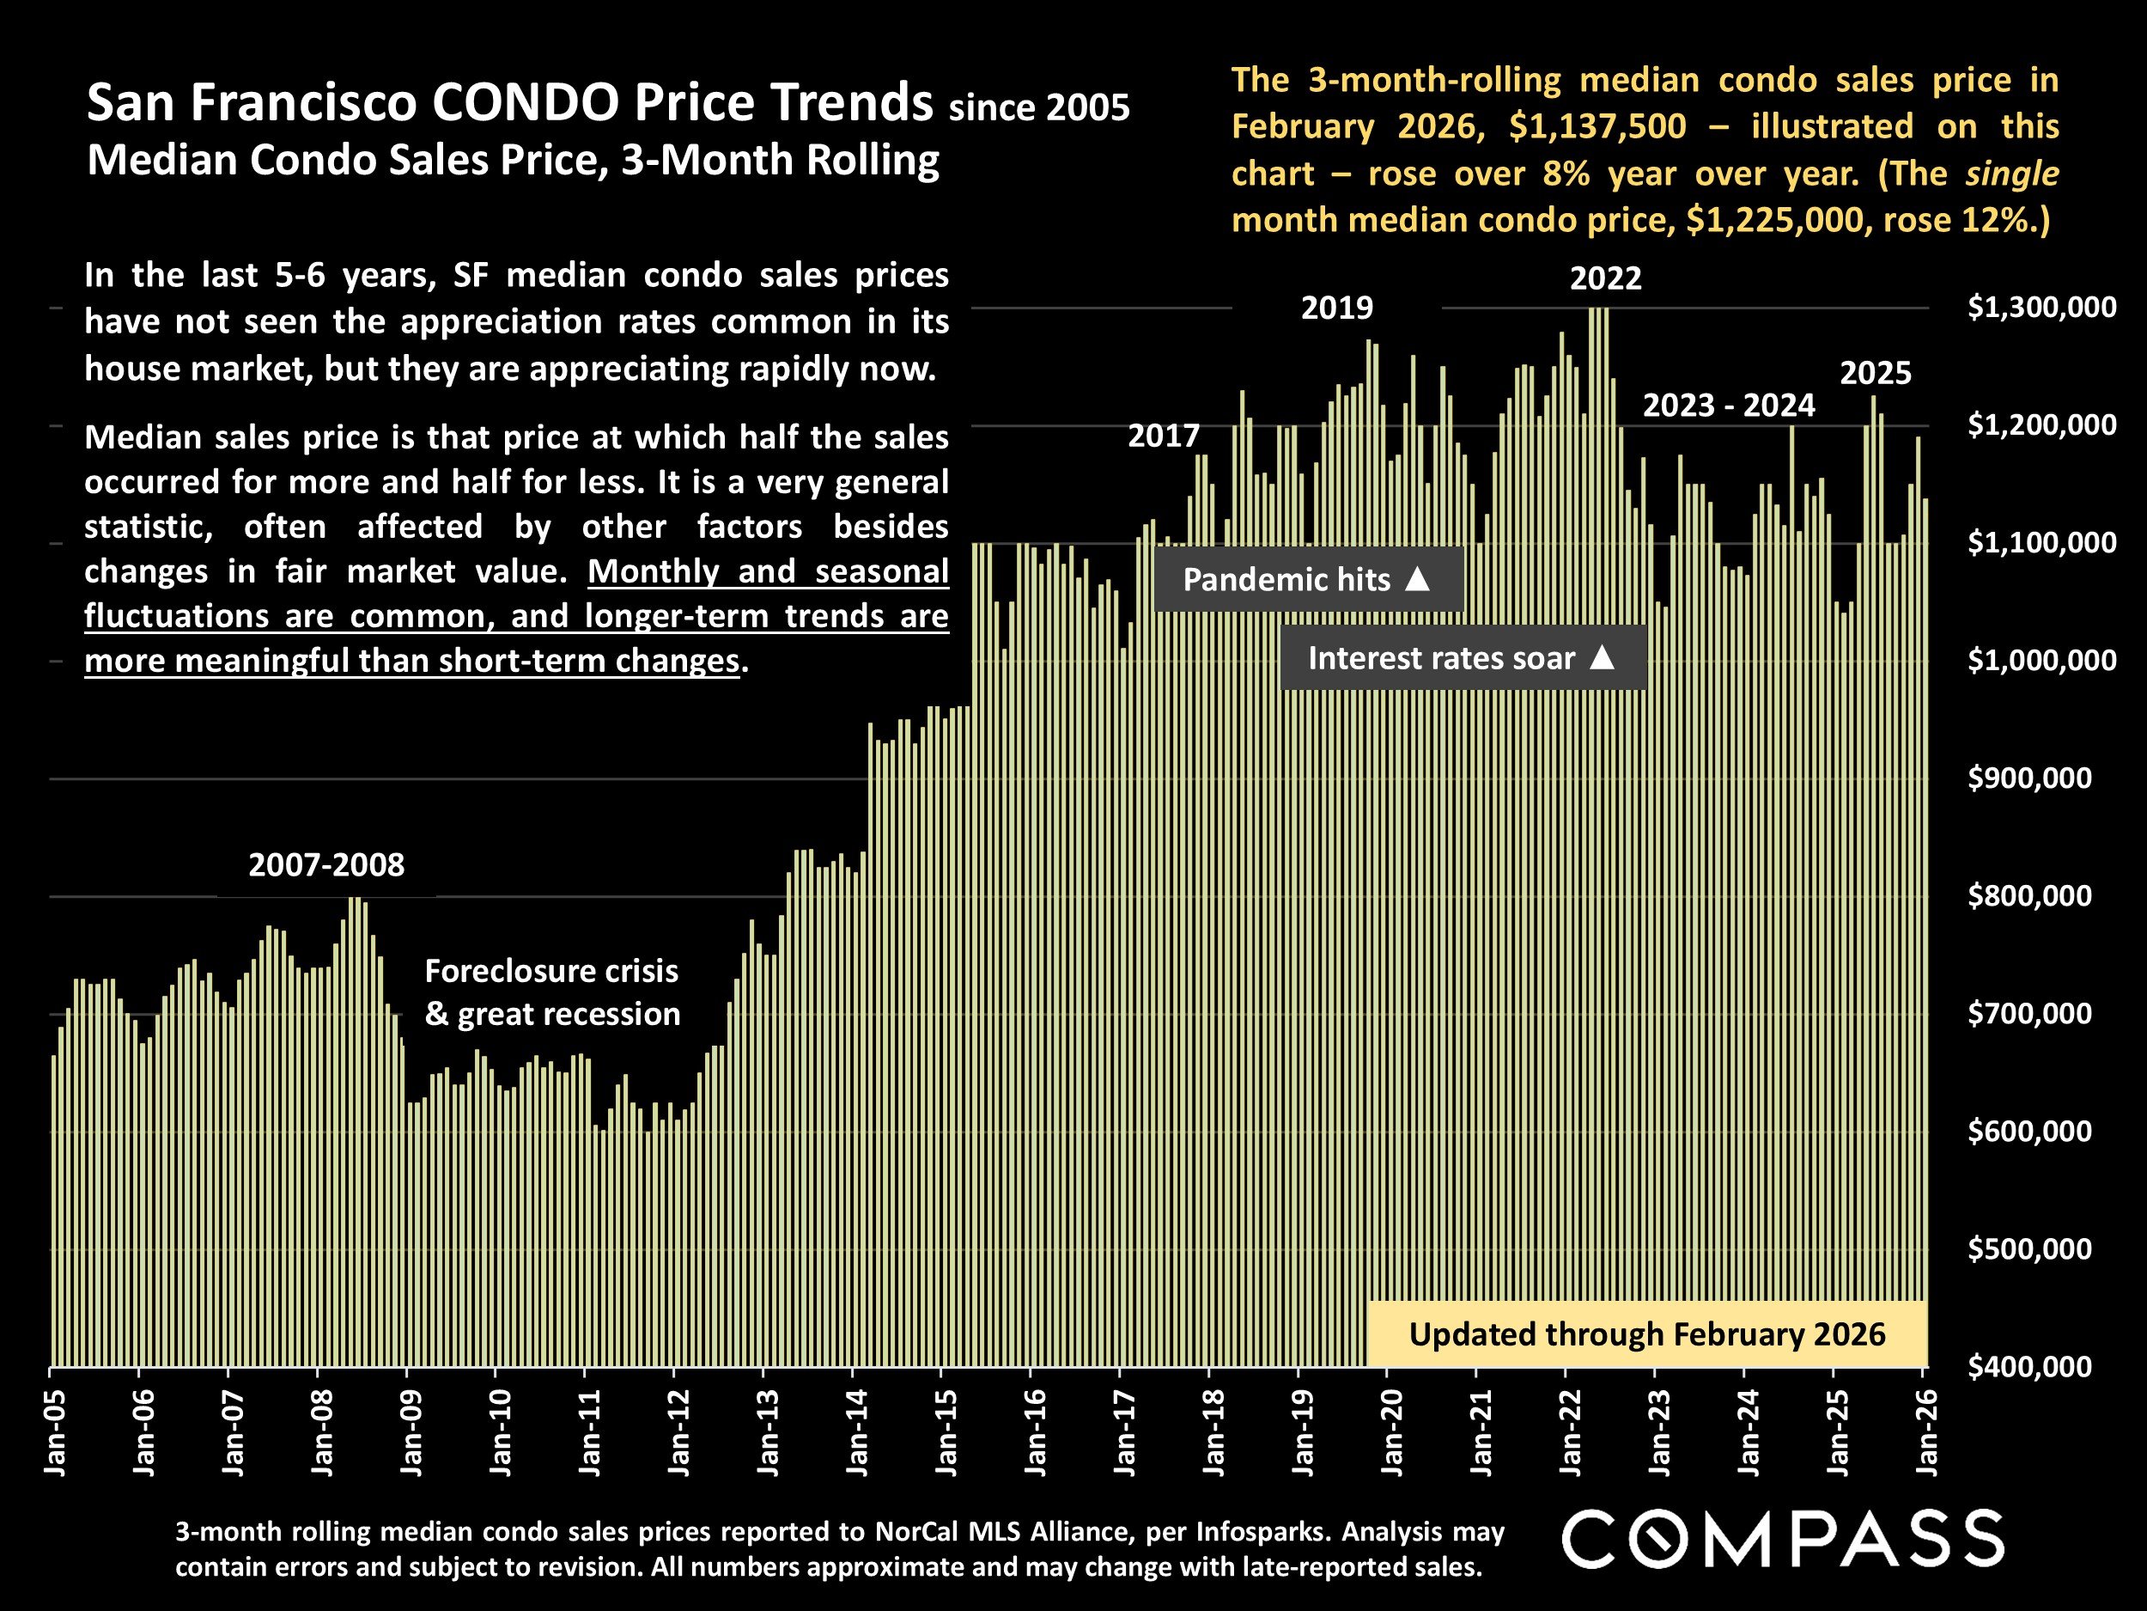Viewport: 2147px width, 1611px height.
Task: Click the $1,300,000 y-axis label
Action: click(x=2041, y=308)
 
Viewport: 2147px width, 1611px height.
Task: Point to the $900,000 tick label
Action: click(x=2029, y=778)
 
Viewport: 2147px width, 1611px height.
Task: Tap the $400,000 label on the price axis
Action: click(x=2029, y=1366)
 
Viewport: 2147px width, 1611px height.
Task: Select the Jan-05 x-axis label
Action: click(x=55, y=1432)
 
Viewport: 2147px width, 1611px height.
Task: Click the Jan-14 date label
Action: click(x=858, y=1432)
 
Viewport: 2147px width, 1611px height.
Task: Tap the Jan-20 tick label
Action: click(x=1393, y=1432)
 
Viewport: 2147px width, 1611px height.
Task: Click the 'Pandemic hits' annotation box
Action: click(x=1307, y=580)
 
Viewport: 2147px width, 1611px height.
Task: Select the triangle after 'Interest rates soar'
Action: click(x=1603, y=657)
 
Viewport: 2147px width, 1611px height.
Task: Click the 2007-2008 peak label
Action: click(x=326, y=864)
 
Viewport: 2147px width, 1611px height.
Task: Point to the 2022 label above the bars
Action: click(x=1605, y=278)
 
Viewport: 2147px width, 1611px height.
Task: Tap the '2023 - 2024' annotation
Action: click(x=1728, y=405)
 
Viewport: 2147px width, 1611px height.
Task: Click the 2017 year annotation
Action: click(x=1163, y=435)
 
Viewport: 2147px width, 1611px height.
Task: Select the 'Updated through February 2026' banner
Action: click(x=1646, y=1334)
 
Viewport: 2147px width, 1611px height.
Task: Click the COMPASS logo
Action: click(x=1782, y=1539)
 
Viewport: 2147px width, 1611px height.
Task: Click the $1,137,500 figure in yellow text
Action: click(x=1597, y=126)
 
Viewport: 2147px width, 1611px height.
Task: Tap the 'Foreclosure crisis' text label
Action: click(x=551, y=971)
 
